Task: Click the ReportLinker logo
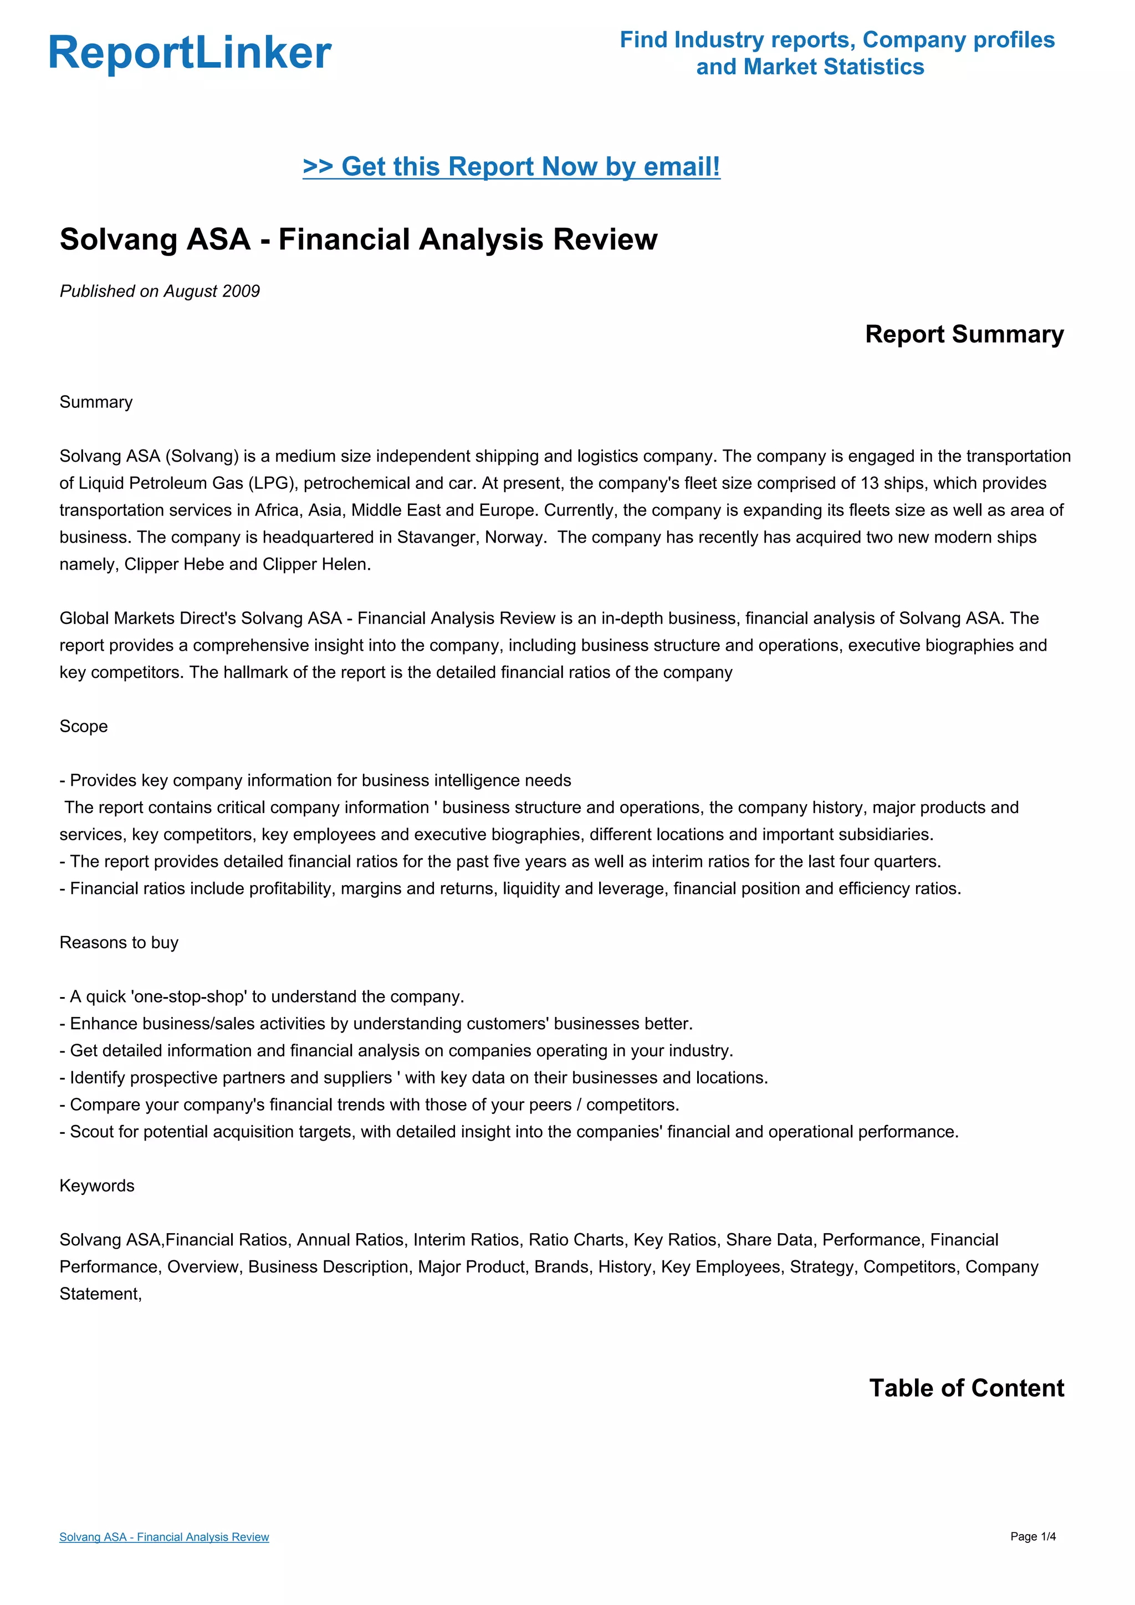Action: point(190,53)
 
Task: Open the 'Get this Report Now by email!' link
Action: point(511,166)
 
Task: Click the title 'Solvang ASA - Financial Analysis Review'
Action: point(358,239)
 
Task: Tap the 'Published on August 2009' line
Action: point(160,291)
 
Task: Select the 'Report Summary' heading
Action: point(964,334)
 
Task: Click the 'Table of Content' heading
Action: point(966,1388)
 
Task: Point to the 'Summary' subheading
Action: point(96,402)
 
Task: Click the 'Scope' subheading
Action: point(83,727)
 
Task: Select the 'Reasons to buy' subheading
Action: point(119,942)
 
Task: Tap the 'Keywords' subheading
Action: point(96,1185)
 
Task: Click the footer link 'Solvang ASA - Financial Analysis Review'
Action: point(163,1536)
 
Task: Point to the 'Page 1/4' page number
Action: point(1032,1536)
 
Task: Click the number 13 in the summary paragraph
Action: point(869,483)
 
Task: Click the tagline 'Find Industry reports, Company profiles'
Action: point(837,40)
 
